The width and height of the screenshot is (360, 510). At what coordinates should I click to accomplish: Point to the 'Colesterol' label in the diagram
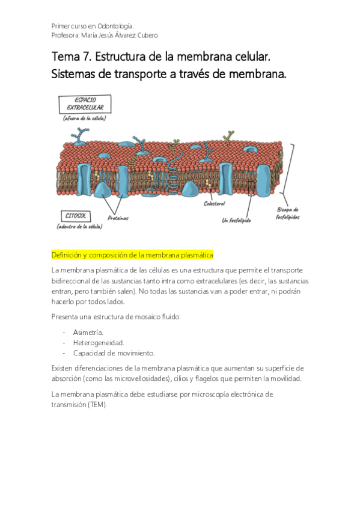click(214, 204)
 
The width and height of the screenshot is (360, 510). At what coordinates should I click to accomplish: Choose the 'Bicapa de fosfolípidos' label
click(287, 213)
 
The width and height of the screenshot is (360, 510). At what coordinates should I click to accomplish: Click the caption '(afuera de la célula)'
click(85, 118)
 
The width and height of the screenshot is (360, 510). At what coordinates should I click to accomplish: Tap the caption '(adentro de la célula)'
click(80, 227)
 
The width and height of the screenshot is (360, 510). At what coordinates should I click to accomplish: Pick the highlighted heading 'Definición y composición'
click(89, 255)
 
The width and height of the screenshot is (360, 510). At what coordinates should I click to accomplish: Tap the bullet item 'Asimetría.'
click(88, 332)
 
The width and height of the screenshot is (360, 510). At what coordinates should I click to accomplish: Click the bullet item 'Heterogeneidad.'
click(99, 342)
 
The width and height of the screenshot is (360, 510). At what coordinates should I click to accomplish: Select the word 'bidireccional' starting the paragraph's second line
click(73, 281)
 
